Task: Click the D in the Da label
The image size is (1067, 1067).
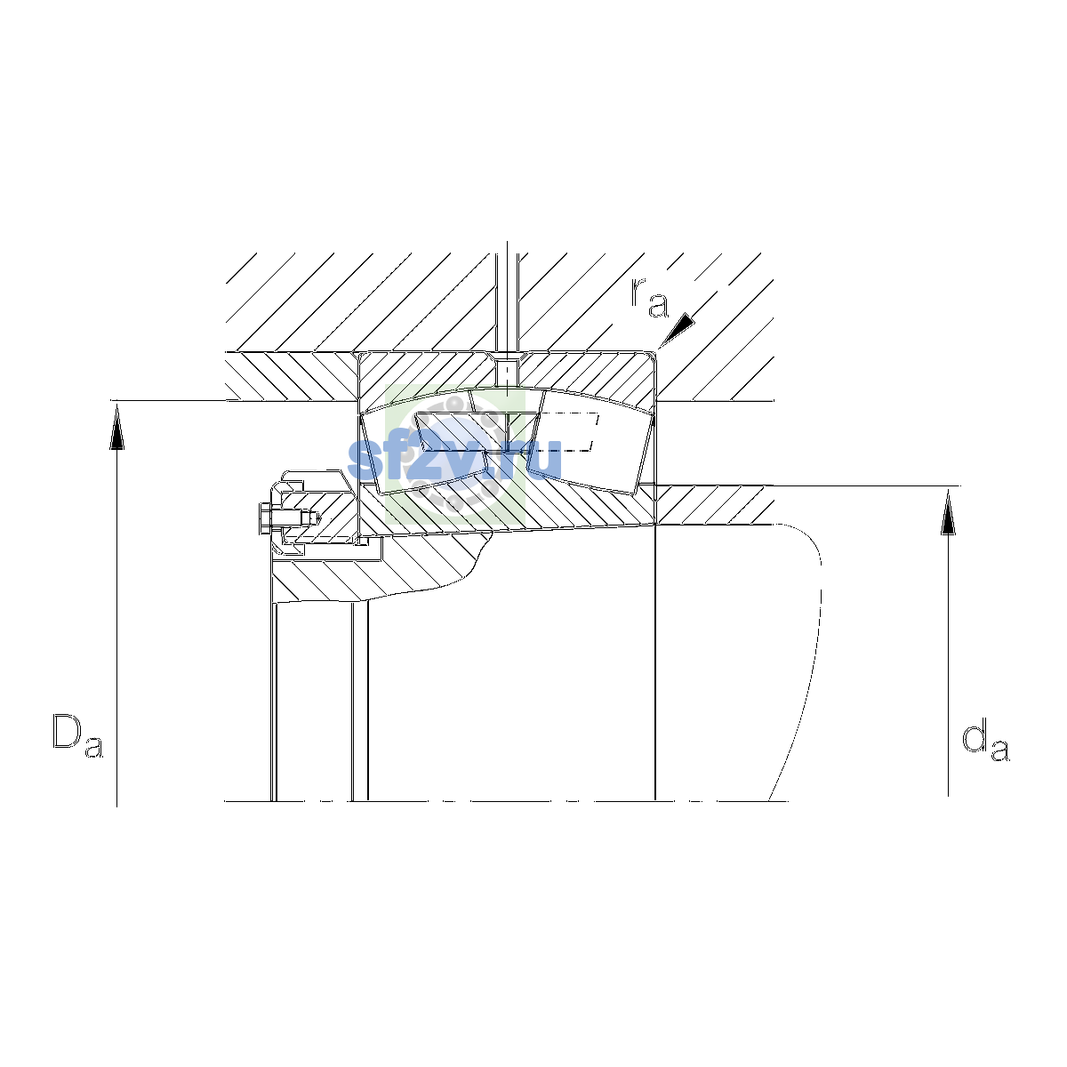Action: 67,732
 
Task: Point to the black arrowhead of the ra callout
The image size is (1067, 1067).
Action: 677,330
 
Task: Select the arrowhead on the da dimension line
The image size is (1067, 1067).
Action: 948,511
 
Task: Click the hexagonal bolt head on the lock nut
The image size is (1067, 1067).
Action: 265,518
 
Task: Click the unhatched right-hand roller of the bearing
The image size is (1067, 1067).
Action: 590,441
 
